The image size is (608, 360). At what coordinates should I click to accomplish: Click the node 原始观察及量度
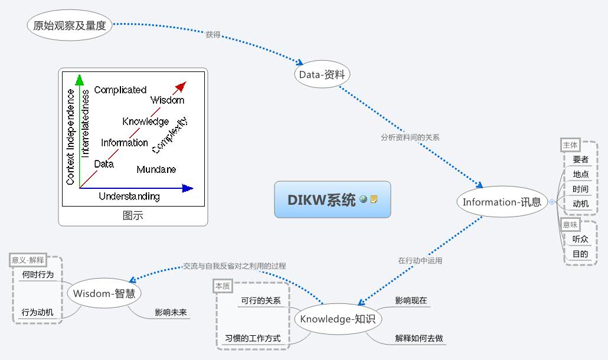70,26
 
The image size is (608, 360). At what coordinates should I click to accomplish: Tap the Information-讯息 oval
502,202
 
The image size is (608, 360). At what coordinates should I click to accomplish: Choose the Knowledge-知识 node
337,319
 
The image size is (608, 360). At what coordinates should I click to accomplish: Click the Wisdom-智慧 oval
105,293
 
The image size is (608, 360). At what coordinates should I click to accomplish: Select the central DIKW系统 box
322,199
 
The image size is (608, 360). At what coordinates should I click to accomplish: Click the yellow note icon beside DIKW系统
374,199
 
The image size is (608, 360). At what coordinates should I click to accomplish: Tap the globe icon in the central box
363,199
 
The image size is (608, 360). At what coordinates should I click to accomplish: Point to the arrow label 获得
213,35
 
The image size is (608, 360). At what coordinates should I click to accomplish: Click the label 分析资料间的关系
410,137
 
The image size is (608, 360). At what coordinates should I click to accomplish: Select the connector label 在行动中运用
420,260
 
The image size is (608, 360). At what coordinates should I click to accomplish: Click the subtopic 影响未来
171,312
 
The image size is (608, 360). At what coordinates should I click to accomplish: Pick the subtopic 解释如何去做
419,339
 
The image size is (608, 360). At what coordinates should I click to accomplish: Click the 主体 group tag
570,145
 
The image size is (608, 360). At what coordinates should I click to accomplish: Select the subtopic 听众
580,239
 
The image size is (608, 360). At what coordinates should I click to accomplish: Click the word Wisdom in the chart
167,100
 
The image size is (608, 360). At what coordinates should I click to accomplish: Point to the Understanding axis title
129,197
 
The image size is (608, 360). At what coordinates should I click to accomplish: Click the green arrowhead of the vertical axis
80,80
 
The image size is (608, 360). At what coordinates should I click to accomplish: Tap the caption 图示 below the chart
133,215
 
